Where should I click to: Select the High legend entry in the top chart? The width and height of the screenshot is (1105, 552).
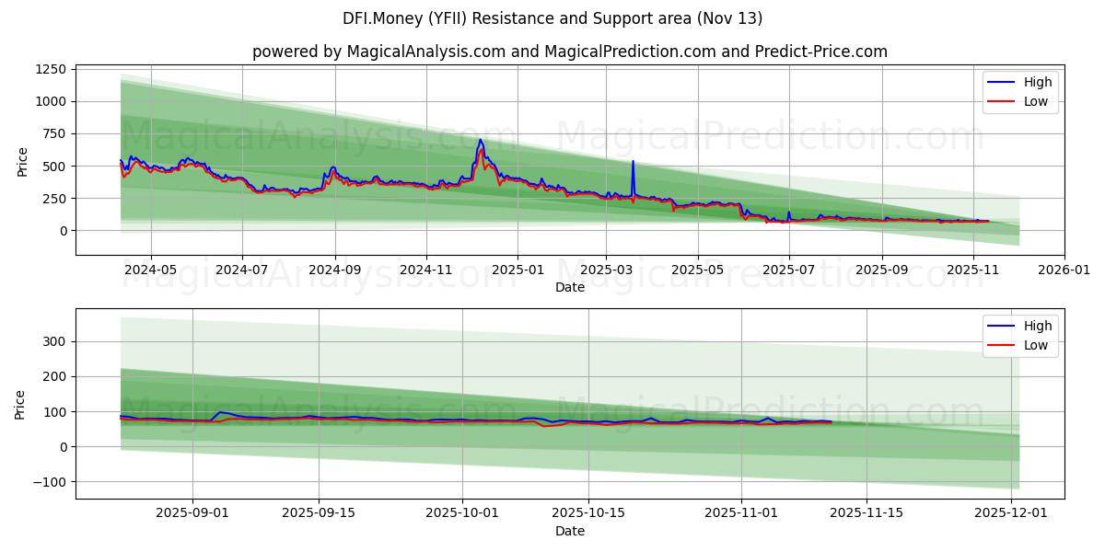pos(1038,82)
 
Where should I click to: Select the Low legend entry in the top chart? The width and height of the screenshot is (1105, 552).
pos(1036,101)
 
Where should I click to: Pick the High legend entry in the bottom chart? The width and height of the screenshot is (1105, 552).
pos(1038,326)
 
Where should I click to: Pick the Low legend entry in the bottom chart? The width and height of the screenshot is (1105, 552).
pos(1036,345)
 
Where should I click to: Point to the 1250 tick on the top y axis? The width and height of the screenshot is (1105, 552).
pos(51,69)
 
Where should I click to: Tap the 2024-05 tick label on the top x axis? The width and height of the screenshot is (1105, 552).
pos(149,270)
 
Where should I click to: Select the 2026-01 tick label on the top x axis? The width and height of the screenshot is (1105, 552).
pos(1064,270)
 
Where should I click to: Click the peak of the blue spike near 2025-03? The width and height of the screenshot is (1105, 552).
pos(633,162)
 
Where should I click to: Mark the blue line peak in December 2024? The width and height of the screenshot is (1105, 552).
pos(480,140)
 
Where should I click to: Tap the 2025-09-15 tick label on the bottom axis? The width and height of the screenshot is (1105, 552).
pos(319,514)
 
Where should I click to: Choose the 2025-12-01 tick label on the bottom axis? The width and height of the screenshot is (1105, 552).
pos(1011,514)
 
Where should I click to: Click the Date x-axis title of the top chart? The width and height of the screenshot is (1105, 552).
pos(570,287)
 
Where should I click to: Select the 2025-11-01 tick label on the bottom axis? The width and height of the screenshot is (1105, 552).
pos(740,514)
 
